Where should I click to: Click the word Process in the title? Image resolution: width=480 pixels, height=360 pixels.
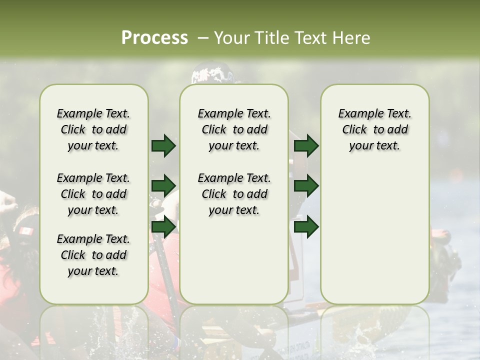(154, 38)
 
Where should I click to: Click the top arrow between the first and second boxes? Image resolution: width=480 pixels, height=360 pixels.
(163, 146)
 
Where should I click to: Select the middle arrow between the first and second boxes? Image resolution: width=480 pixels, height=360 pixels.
(163, 186)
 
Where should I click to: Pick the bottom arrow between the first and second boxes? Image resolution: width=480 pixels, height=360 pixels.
(163, 227)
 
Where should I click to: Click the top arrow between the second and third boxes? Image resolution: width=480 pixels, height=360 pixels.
(306, 146)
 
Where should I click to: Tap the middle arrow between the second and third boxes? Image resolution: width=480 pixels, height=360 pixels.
(306, 186)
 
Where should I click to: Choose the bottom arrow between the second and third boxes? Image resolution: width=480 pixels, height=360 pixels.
(306, 227)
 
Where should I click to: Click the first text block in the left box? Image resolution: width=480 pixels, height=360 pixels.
(93, 129)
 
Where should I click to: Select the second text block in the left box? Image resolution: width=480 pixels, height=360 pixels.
(93, 194)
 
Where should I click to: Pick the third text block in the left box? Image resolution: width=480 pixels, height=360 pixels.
(93, 255)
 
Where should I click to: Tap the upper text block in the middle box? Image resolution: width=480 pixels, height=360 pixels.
(234, 129)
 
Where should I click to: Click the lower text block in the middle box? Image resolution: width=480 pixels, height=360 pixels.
(234, 194)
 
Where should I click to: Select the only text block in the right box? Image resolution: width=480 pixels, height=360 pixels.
(374, 129)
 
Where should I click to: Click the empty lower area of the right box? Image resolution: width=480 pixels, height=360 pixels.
(374, 235)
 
